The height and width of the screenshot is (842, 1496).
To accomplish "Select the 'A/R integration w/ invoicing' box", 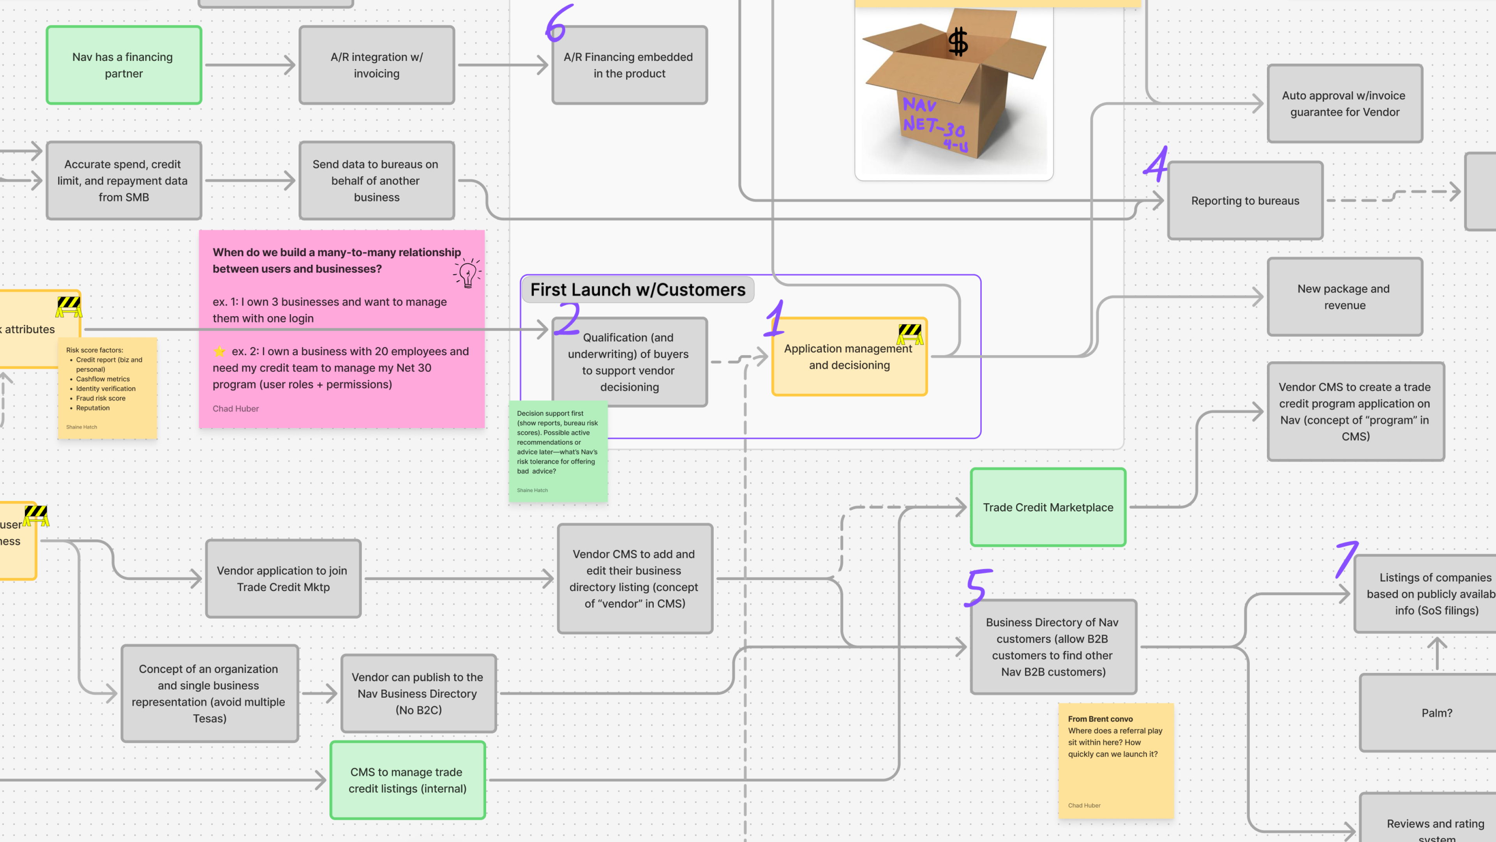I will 376,65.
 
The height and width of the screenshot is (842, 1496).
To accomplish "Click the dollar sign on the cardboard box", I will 958,42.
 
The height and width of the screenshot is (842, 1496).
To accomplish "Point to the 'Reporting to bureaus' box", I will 1245,200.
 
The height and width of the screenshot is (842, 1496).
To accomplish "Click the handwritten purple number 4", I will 1156,165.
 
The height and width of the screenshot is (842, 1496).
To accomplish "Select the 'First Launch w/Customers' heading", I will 638,289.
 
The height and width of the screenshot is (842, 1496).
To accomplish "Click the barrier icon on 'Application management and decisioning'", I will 909,334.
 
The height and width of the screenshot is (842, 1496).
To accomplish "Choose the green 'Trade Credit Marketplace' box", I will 1048,507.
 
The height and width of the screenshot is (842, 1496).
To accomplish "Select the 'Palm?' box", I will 1436,713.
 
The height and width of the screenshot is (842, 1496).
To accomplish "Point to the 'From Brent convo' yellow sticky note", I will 1115,761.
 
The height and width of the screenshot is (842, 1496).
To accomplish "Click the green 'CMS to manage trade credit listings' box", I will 407,780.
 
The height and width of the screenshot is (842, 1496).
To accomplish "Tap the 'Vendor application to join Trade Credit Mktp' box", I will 283,579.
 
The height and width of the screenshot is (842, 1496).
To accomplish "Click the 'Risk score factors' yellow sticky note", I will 107,388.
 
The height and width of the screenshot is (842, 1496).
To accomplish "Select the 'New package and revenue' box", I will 1344,297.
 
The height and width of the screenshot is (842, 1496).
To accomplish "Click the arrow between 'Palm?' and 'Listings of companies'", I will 1437,654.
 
